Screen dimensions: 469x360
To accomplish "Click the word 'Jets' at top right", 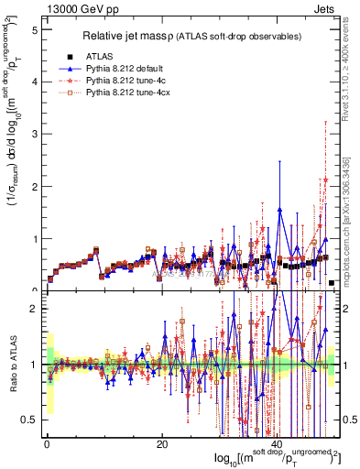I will [x=324, y=8].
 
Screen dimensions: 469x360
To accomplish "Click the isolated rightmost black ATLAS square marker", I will [x=332, y=283].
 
